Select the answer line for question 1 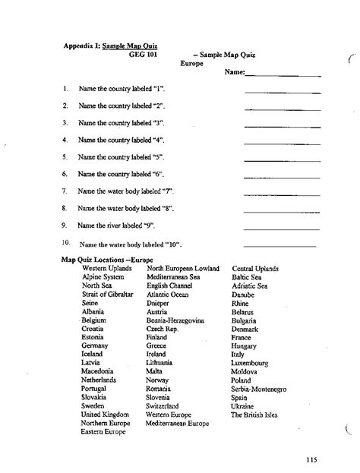pyautogui.click(x=283, y=92)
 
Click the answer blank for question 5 pyautogui.click(x=283, y=160)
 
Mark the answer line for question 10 pyautogui.click(x=279, y=246)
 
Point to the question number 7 pyautogui.click(x=66, y=191)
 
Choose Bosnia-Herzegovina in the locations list pyautogui.click(x=175, y=320)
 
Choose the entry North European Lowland pyautogui.click(x=182, y=269)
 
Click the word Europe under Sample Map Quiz pyautogui.click(x=192, y=64)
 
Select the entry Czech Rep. pyautogui.click(x=161, y=329)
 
